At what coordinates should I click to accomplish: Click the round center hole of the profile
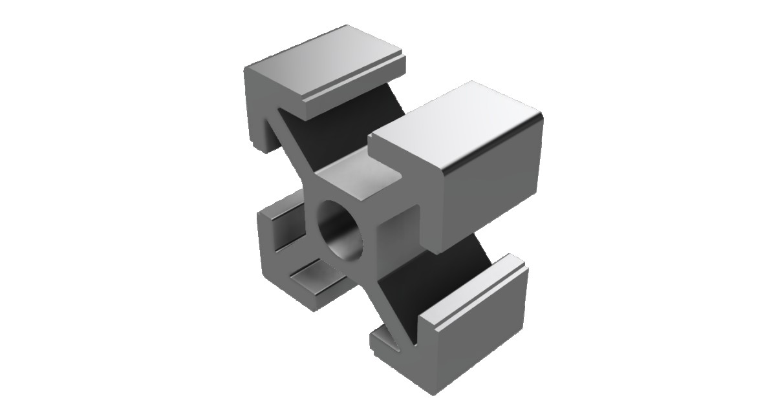[341, 230]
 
